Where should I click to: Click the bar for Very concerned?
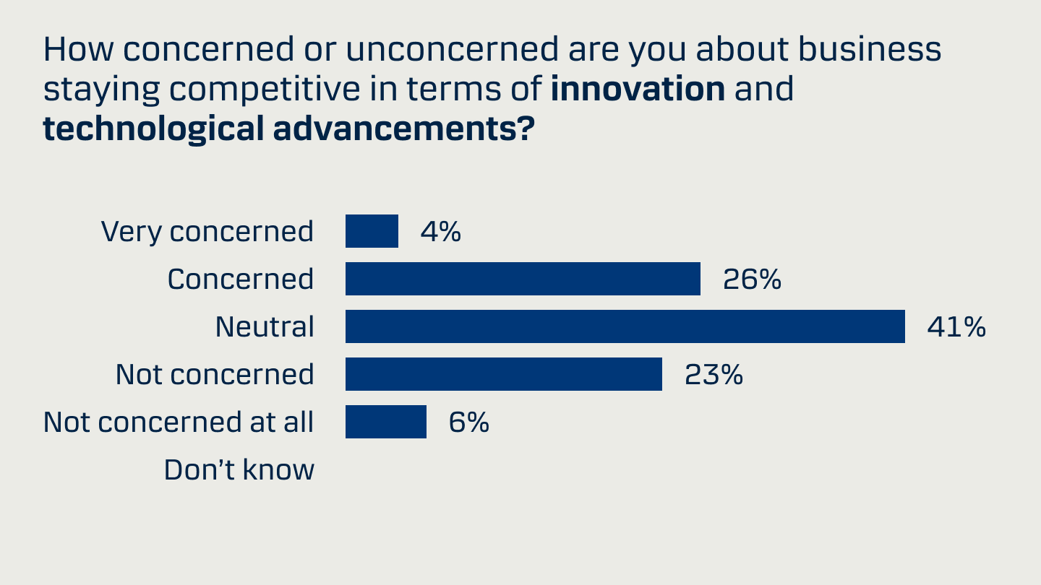coord(372,231)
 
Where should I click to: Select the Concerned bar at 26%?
coord(523,279)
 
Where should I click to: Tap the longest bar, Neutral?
coord(625,326)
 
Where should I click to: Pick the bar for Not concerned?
coord(504,374)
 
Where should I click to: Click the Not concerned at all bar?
coord(386,422)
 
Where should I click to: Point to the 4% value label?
coord(441,232)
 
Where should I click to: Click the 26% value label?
coord(753,279)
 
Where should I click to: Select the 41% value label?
coord(956,327)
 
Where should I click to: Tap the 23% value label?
coord(714,375)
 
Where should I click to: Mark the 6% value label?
coord(469,422)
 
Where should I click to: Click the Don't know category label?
coord(239,470)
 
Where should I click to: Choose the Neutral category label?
coord(265,327)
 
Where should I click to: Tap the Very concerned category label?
coord(207,232)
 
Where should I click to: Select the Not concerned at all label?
coord(179,422)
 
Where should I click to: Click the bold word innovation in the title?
coord(638,89)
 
